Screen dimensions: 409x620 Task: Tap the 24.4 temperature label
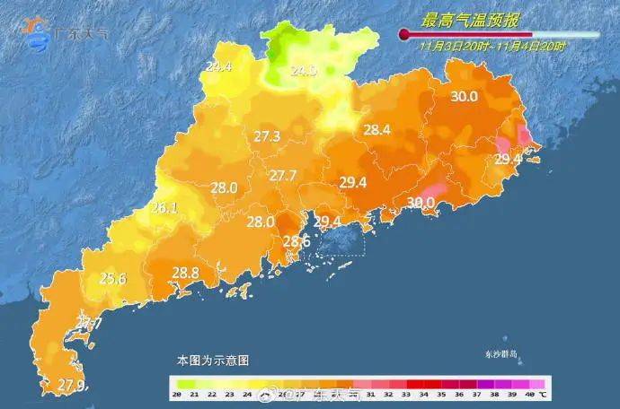[x=218, y=66]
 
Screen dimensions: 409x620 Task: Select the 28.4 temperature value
[x=376, y=130]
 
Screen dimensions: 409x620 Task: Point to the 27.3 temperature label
[x=267, y=136]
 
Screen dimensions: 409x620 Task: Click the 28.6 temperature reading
[x=297, y=241]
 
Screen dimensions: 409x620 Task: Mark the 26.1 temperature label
[x=164, y=207]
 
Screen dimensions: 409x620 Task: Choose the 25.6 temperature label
[x=112, y=278]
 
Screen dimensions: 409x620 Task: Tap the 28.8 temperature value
[x=185, y=273]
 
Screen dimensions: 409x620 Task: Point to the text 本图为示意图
[x=212, y=360]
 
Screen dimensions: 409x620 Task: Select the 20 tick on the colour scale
[x=178, y=395]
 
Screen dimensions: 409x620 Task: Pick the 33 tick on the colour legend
[x=406, y=395]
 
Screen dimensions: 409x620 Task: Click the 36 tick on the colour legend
[x=459, y=395]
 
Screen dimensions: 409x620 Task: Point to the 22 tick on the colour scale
[x=213, y=395]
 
